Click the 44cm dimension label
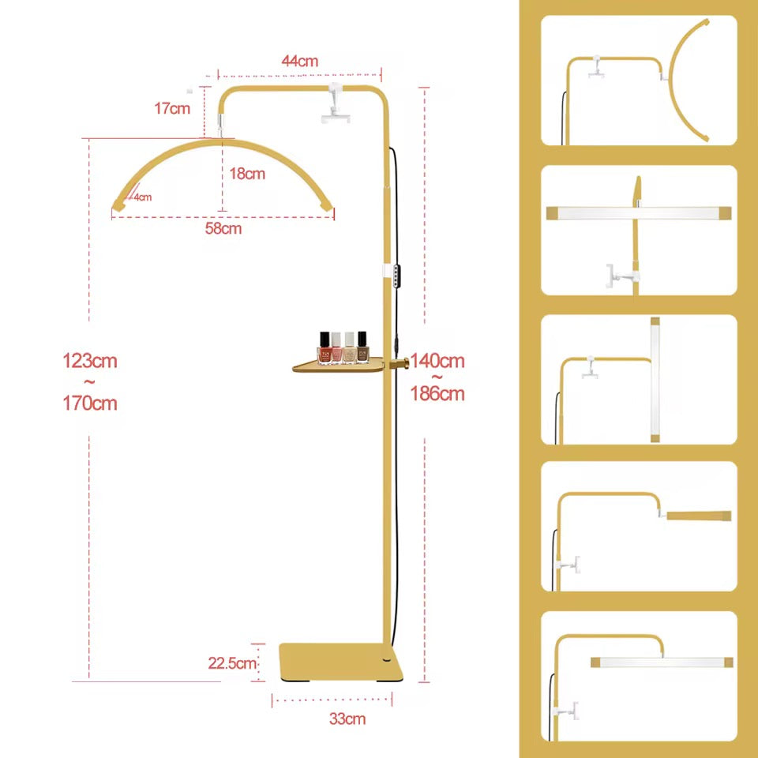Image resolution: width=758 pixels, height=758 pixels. [x=300, y=62]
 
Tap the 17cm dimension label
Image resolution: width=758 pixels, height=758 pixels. [x=172, y=108]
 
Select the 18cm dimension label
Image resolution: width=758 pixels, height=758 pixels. [x=247, y=174]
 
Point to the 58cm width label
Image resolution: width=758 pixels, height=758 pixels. [x=223, y=228]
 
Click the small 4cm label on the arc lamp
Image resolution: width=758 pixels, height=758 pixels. [x=143, y=197]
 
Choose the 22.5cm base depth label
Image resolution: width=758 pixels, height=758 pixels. [x=232, y=663]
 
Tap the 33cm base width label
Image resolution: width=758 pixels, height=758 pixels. [x=347, y=719]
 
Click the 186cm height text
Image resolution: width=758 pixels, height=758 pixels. [x=437, y=394]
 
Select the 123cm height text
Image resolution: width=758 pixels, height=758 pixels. [x=90, y=361]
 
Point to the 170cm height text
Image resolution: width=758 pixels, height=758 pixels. [x=90, y=403]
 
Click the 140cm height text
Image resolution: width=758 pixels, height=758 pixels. [x=437, y=361]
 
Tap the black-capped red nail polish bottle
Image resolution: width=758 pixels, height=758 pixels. [x=325, y=347]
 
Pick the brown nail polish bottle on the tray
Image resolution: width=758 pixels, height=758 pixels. [x=362, y=347]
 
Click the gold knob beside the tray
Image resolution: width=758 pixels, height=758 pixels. [x=400, y=363]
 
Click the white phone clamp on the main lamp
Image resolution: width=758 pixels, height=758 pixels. [x=336, y=103]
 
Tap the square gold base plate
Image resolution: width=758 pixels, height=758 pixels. [x=341, y=662]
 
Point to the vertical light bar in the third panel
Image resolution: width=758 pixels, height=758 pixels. [x=655, y=380]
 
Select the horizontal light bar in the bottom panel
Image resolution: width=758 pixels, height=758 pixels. [x=662, y=662]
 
